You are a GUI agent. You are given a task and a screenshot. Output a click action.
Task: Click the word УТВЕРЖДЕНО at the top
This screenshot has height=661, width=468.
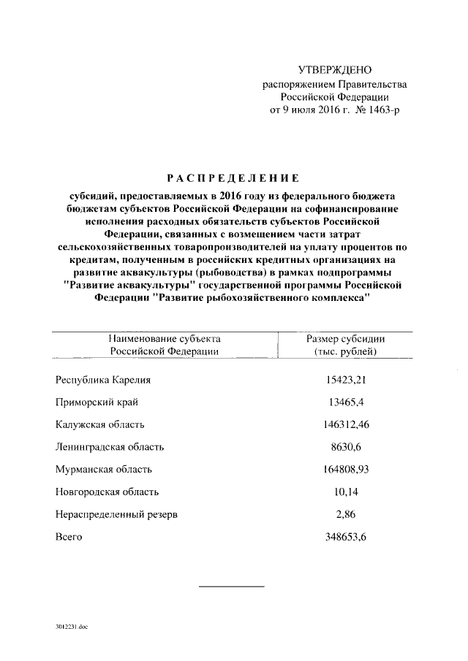pyautogui.click(x=336, y=70)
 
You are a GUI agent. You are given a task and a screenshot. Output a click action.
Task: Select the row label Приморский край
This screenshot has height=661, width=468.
pyautogui.click(x=97, y=402)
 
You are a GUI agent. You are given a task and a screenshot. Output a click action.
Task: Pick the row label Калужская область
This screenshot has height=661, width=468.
pyautogui.click(x=100, y=424)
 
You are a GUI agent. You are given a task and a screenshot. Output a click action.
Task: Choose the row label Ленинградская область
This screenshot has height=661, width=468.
pyautogui.click(x=110, y=447)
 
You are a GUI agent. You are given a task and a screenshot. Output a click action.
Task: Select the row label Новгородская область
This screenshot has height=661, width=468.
pyautogui.click(x=107, y=492)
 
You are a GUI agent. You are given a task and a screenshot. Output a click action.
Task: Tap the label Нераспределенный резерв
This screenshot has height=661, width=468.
pyautogui.click(x=116, y=515)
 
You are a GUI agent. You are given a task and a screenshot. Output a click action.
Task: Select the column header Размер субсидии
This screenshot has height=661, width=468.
pyautogui.click(x=345, y=339)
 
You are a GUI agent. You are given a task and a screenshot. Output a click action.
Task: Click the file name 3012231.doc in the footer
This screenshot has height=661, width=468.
pyautogui.click(x=71, y=627)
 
